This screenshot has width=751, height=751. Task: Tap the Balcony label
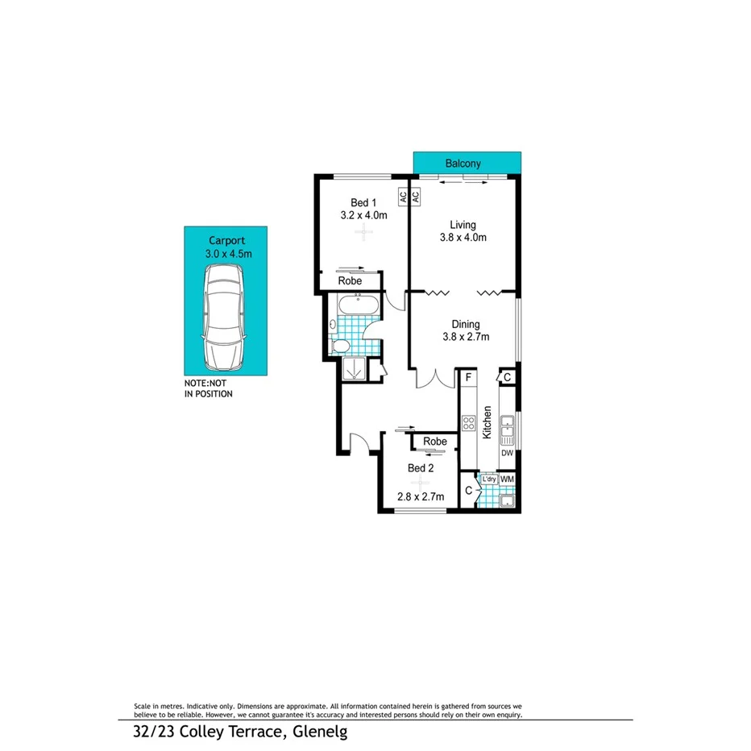tap(463, 164)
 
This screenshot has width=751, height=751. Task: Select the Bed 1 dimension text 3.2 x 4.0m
tap(364, 215)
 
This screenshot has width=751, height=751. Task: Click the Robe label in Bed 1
tap(349, 281)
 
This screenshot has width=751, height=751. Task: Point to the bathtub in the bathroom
tap(355, 306)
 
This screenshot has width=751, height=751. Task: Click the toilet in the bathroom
tap(340, 346)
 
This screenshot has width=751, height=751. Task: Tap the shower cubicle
tap(353, 367)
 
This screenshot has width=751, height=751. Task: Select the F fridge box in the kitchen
tap(468, 377)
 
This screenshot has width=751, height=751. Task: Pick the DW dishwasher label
tap(507, 454)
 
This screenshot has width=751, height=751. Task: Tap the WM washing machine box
tap(507, 479)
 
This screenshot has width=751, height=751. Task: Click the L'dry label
tap(488, 479)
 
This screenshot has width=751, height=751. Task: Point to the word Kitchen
tap(488, 422)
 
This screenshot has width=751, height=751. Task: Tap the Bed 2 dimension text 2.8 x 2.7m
tap(420, 496)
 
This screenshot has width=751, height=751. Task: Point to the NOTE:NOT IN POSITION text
tap(208, 389)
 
